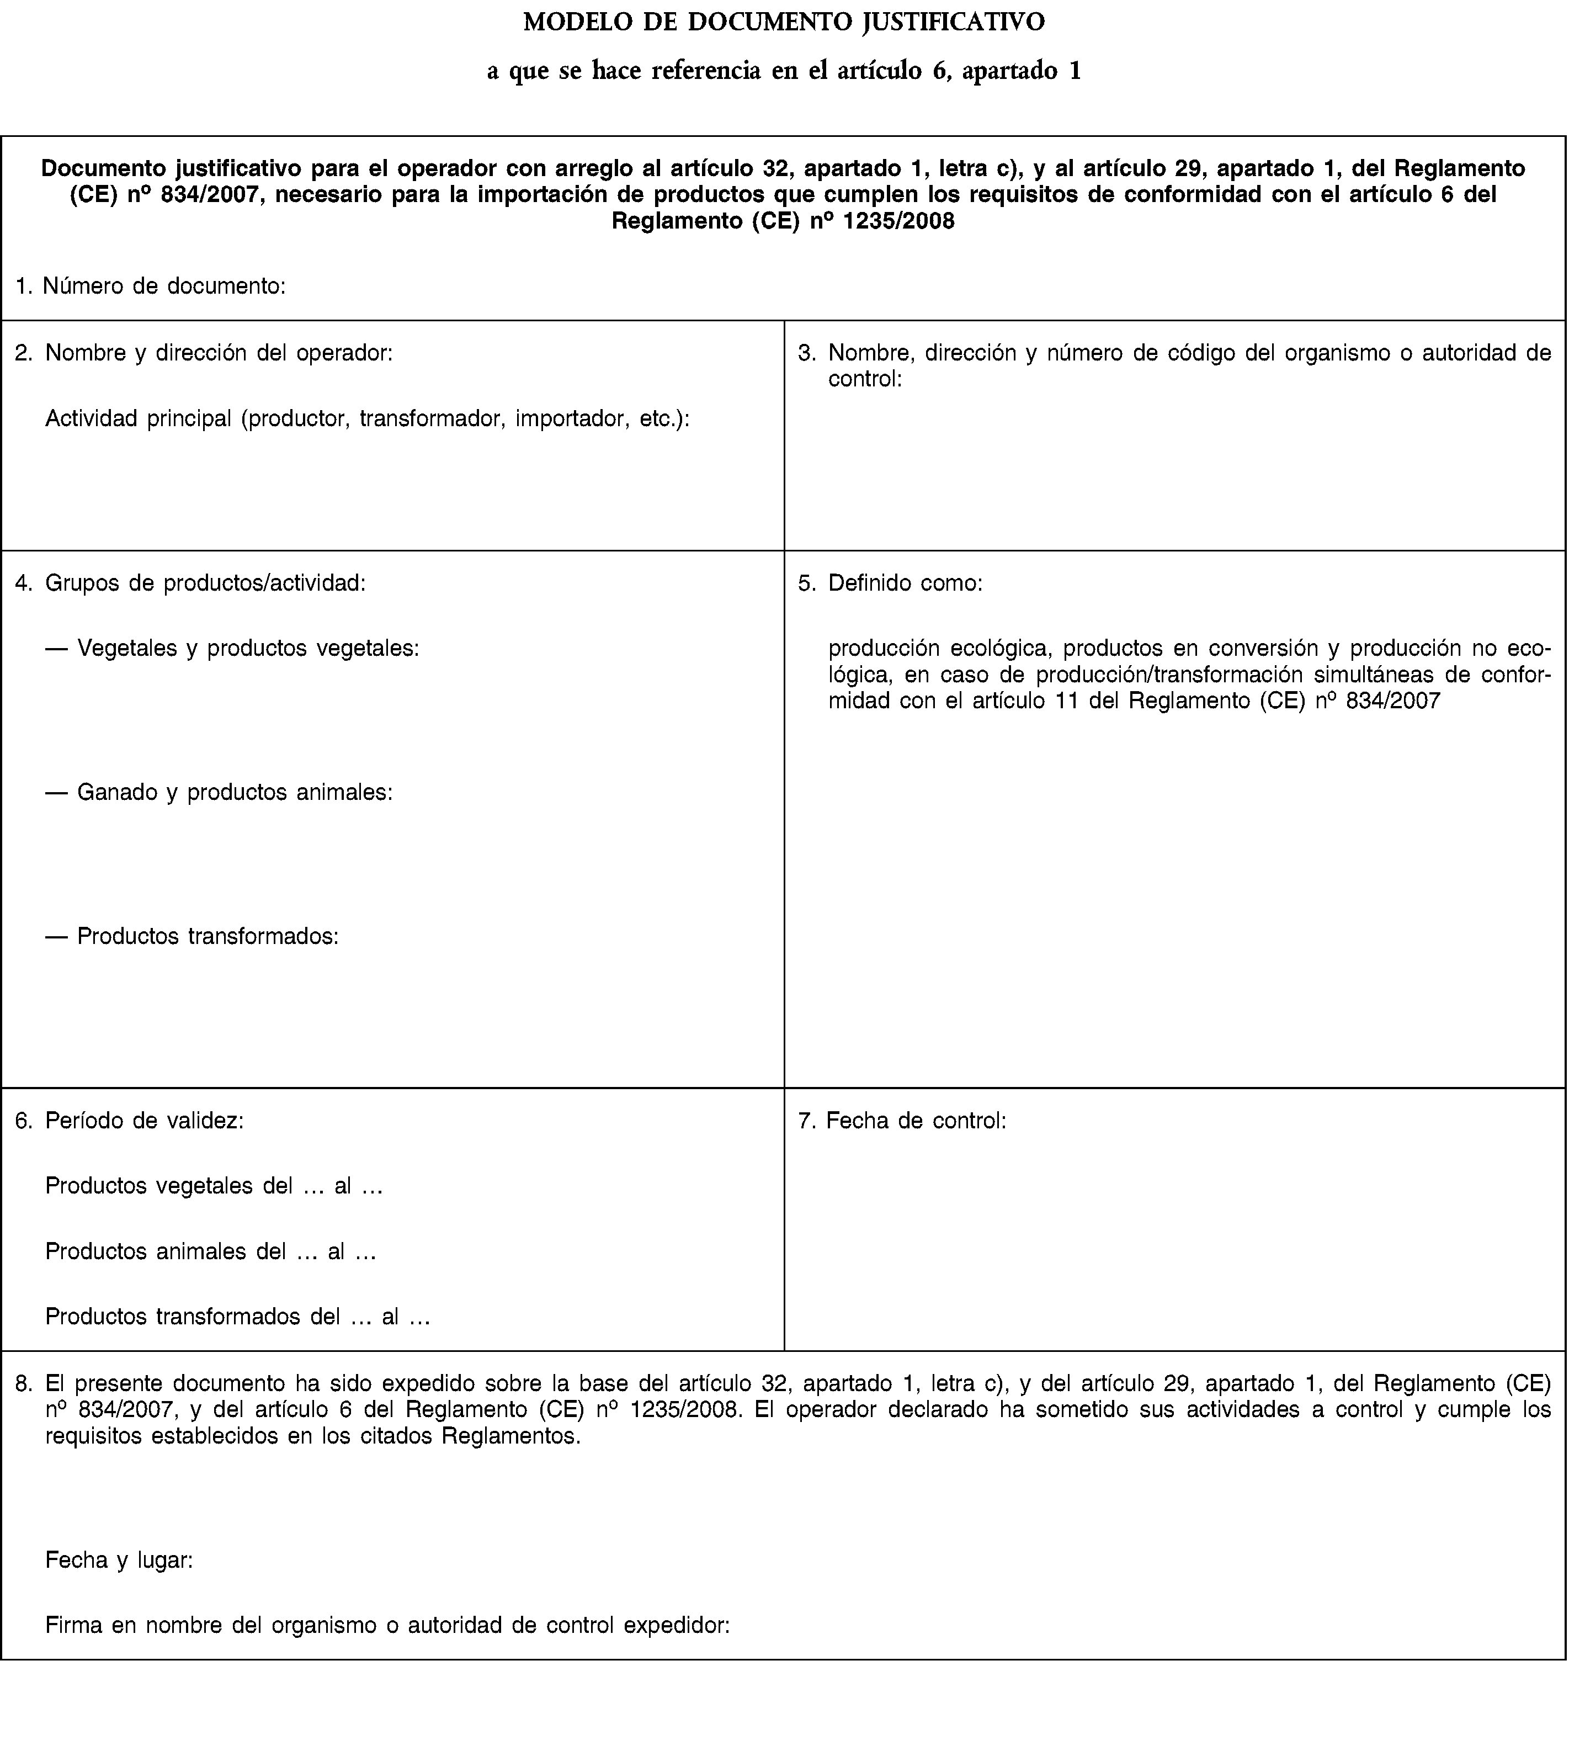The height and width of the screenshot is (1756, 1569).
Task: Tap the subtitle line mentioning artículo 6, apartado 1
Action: pyautogui.click(x=784, y=71)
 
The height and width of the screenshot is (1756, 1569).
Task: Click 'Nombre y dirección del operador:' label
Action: pyautogui.click(x=219, y=353)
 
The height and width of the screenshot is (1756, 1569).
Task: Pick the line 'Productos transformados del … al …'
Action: pyautogui.click(x=238, y=1317)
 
